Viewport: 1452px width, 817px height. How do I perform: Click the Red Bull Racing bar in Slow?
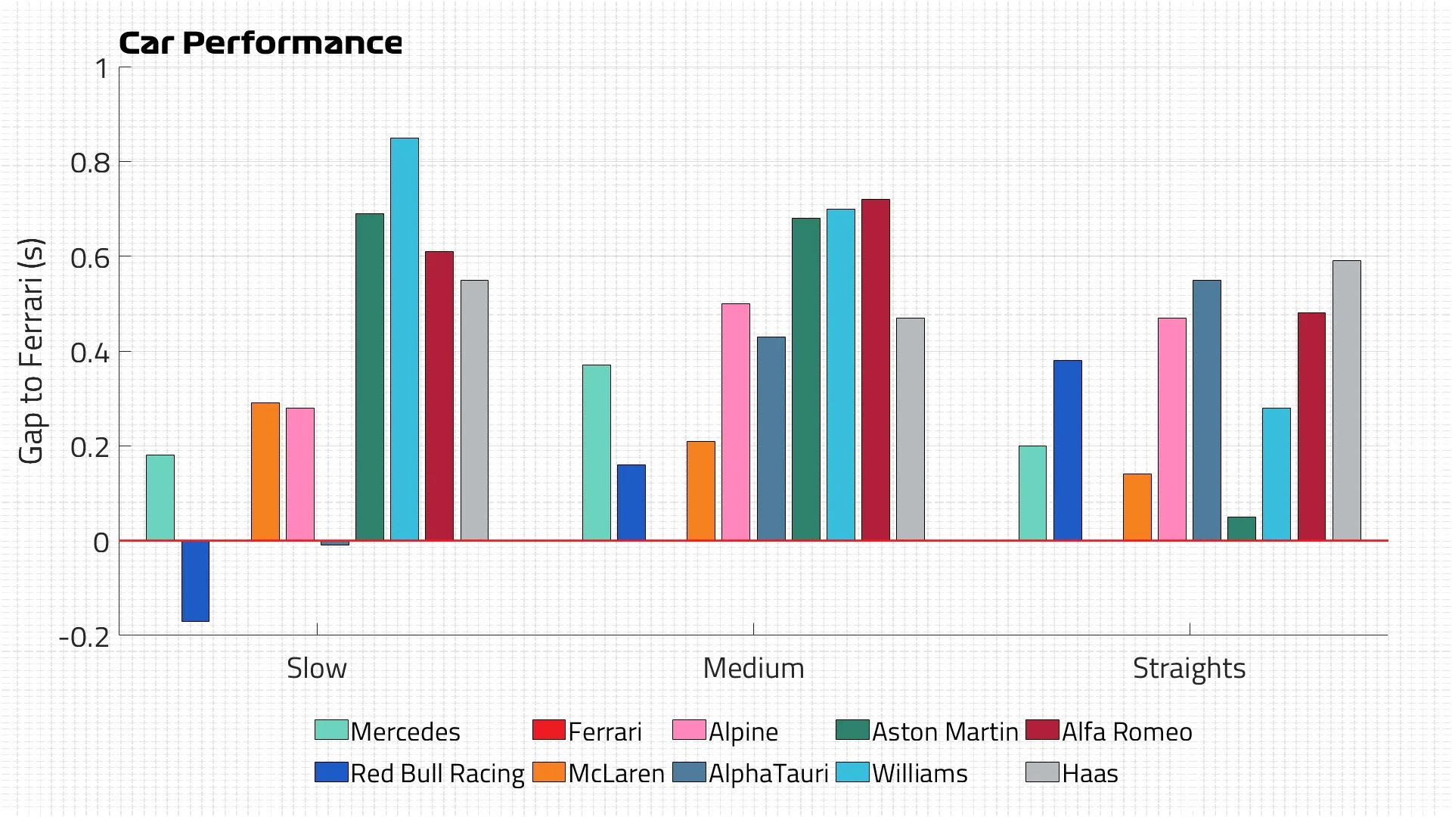[x=195, y=580]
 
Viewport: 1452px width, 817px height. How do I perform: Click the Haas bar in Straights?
[x=1346, y=400]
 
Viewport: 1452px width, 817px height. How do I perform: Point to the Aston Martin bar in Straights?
[x=1241, y=529]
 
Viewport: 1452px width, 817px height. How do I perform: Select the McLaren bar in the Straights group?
[x=1137, y=507]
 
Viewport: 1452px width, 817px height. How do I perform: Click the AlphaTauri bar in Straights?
[x=1206, y=410]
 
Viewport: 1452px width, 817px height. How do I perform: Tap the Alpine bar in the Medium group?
[x=735, y=421]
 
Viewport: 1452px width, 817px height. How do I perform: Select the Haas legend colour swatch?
[x=1041, y=772]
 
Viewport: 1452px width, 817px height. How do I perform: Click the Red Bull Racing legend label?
[x=437, y=773]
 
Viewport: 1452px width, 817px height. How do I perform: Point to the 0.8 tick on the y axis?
[x=90, y=163]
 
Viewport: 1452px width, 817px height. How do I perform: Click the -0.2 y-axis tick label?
[x=84, y=637]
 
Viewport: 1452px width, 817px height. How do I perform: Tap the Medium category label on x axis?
[x=753, y=668]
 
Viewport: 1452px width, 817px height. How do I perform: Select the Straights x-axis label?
[x=1189, y=668]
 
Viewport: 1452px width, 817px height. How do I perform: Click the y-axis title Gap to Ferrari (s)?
[x=32, y=351]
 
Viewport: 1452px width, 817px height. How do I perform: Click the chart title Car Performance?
[x=260, y=43]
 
